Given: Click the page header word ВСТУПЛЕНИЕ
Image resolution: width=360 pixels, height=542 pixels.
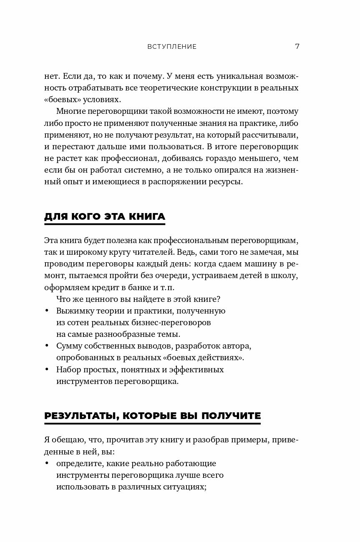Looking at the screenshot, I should point(172,47).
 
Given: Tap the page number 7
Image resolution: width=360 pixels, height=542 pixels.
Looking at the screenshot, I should point(297,46).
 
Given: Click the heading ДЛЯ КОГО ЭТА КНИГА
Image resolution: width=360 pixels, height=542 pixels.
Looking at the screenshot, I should point(104,216).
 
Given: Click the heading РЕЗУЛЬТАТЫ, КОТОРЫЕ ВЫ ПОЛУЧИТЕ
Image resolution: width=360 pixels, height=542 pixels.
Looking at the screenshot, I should point(152,416).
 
